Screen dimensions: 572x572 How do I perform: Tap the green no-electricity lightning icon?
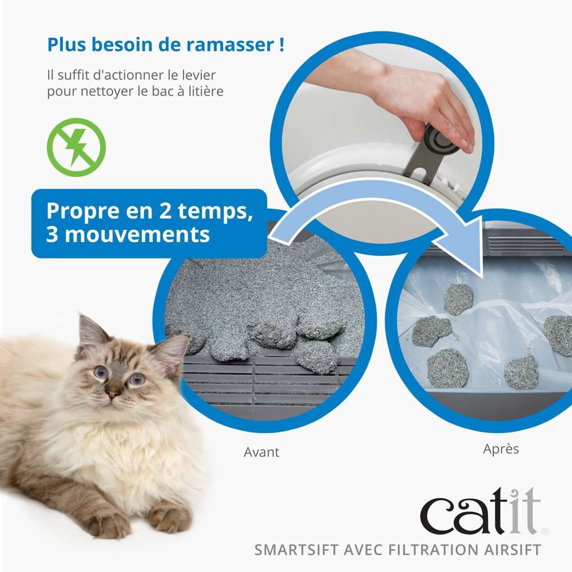pos(76,148)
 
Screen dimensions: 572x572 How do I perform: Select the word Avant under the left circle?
pos(261,452)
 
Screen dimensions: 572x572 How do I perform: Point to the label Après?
pos(501,449)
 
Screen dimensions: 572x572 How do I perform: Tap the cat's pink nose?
pos(113,394)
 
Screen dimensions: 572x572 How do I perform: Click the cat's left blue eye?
pos(137,379)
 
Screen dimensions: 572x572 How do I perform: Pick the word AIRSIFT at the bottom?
pos(508,550)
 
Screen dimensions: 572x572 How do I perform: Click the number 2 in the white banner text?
pos(165,211)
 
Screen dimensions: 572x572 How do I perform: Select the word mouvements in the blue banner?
pos(137,235)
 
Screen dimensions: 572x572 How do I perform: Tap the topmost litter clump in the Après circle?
pos(458,299)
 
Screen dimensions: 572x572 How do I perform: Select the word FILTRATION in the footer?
pos(430,550)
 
